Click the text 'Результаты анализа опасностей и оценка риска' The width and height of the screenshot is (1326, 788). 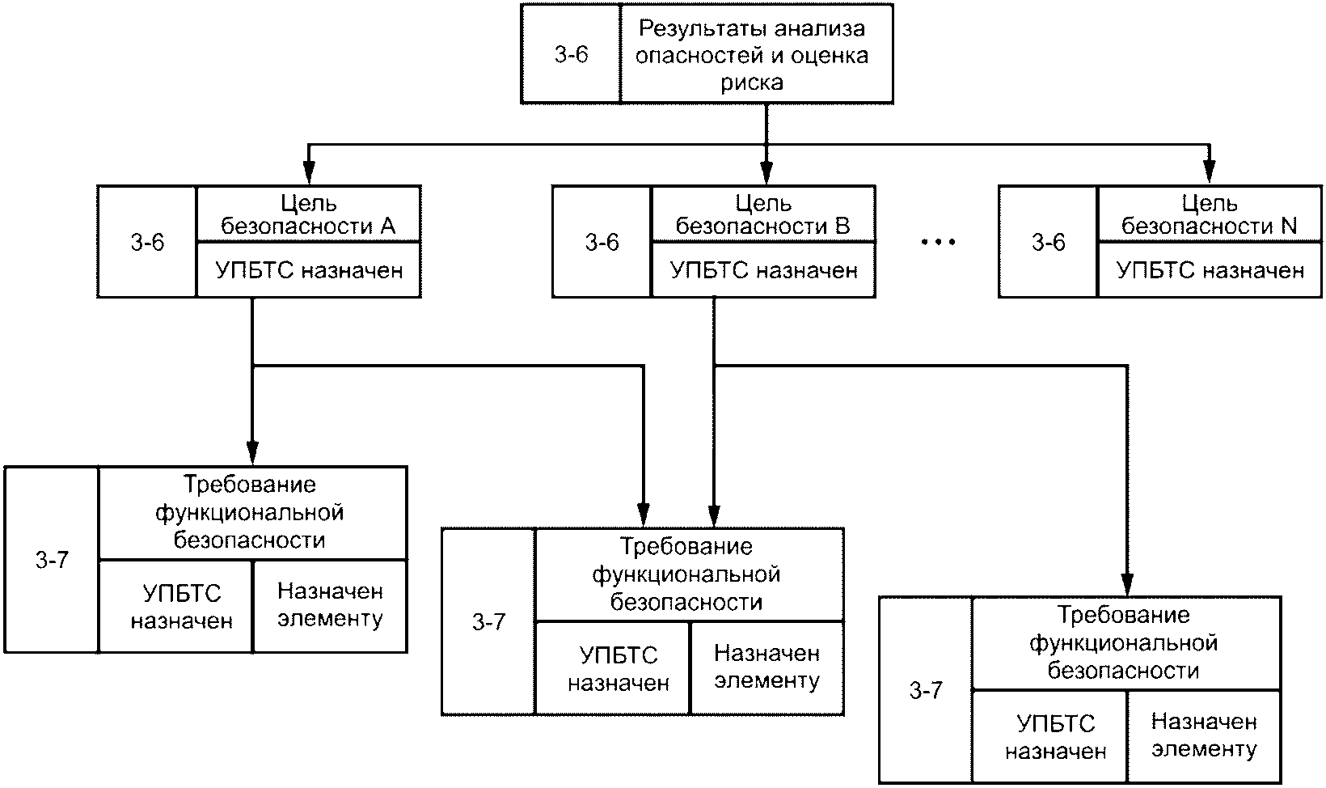[752, 55]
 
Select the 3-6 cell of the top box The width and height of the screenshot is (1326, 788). [572, 54]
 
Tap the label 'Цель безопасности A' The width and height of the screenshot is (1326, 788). [308, 214]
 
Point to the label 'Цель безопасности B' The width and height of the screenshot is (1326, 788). [763, 214]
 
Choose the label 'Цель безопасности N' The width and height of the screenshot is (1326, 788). [1210, 214]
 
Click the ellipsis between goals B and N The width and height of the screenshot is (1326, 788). [938, 242]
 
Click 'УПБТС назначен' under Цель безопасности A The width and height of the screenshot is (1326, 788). [309, 270]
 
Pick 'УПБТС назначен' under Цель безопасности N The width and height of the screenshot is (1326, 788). [1210, 270]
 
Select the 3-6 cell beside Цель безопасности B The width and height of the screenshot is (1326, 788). [602, 242]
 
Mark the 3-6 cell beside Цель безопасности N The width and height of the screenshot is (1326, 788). [1049, 242]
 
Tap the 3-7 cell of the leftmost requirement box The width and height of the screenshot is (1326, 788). [52, 560]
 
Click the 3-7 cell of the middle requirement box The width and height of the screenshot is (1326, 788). [489, 621]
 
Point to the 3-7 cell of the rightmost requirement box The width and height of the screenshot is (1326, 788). [926, 690]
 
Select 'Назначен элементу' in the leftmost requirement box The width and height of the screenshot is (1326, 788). [331, 605]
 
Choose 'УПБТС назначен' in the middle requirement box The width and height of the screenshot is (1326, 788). [619, 669]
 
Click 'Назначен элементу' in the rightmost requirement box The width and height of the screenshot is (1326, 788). [1204, 735]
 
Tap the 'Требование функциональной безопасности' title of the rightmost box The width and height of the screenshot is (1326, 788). [1124, 643]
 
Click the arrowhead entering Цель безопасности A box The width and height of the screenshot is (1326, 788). [308, 173]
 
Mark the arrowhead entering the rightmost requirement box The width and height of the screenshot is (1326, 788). [1127, 585]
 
